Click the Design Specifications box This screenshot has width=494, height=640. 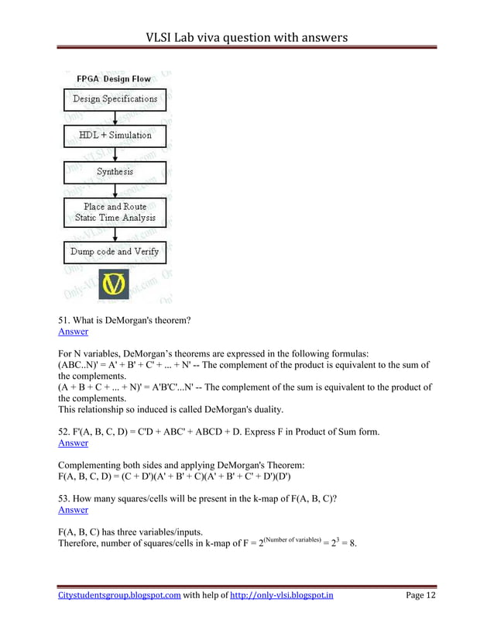[x=115, y=98]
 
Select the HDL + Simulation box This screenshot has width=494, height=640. [x=115, y=135]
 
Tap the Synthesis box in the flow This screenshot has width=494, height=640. [x=115, y=171]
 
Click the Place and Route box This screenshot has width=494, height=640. [x=115, y=212]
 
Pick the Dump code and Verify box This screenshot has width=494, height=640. [x=115, y=252]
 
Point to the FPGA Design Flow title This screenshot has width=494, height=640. [x=114, y=79]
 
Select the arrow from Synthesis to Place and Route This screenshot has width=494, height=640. [x=115, y=191]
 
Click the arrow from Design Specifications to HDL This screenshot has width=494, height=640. [x=115, y=117]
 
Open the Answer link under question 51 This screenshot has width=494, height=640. [x=73, y=332]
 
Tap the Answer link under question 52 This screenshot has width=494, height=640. [x=73, y=443]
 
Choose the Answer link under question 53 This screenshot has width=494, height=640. [x=73, y=510]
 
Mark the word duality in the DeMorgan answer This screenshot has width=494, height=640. [x=262, y=410]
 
